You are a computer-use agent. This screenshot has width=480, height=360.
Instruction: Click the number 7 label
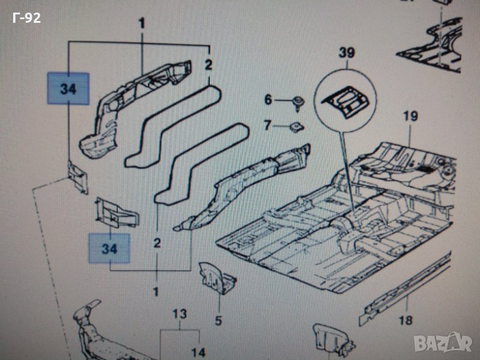[x=268, y=125]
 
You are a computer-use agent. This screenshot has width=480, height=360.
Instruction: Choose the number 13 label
[x=180, y=314]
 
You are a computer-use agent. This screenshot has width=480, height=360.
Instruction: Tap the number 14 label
[x=198, y=352]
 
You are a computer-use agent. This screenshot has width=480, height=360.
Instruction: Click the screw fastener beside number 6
[x=298, y=101]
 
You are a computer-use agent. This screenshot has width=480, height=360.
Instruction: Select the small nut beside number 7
[x=295, y=125]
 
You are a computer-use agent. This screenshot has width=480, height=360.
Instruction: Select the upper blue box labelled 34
[x=68, y=89]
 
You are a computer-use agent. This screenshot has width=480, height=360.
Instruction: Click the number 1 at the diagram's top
[x=142, y=24]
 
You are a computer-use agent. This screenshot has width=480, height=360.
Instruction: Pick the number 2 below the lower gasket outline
[x=157, y=243]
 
